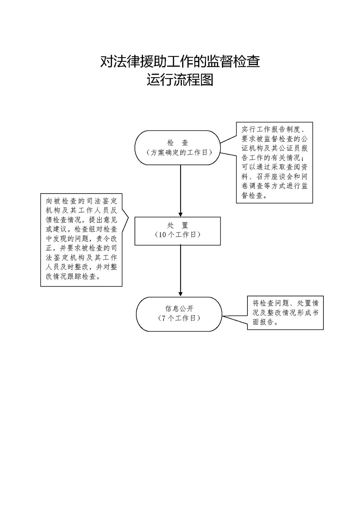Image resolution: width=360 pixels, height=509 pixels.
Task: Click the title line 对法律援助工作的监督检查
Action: coord(180,61)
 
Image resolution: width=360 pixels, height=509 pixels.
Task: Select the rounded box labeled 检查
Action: coord(178,148)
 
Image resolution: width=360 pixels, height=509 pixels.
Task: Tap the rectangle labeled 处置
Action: coord(178,231)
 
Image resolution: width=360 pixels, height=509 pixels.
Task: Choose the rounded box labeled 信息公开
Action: coord(179,314)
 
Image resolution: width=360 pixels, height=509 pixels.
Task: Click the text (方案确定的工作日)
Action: coord(179,152)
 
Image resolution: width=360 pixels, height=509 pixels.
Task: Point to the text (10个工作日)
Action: coord(177,235)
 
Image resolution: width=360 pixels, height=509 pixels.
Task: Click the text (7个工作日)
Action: coord(179,318)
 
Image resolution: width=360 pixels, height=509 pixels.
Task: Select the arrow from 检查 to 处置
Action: coord(181,191)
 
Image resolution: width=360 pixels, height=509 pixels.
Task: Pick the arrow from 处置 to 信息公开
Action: coord(181,271)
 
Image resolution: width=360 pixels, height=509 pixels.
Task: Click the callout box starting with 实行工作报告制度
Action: coord(274,162)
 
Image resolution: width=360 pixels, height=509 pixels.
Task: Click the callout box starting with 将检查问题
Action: coord(285,313)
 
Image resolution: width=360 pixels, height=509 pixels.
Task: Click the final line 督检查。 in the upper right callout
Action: coord(254,196)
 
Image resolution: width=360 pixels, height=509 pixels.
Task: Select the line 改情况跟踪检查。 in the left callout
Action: coord(73,276)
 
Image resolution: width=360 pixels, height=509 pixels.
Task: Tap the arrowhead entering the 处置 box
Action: coord(181,215)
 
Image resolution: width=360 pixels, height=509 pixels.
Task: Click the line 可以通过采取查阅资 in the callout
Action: coord(275,167)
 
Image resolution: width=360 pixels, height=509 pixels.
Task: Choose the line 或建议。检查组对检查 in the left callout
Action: coord(81,229)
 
